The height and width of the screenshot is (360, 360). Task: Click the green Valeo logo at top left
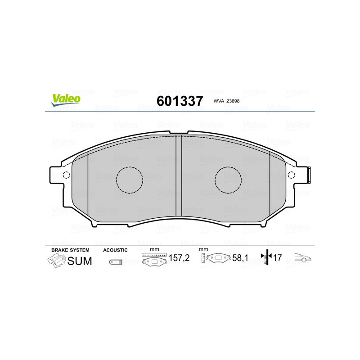tap(66, 100)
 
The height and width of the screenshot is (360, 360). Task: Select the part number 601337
tap(180, 101)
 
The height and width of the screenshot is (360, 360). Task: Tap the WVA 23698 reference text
tap(226, 101)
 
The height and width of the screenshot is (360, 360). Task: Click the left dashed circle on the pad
tap(130, 180)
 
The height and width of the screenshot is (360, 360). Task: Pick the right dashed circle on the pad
tap(228, 180)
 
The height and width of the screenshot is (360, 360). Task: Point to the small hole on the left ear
tap(66, 175)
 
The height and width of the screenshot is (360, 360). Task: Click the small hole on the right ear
tap(291, 175)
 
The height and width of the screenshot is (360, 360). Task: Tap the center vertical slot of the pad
tap(179, 175)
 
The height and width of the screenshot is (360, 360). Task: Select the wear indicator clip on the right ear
tap(309, 175)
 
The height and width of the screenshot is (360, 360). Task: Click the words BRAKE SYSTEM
tap(70, 250)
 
